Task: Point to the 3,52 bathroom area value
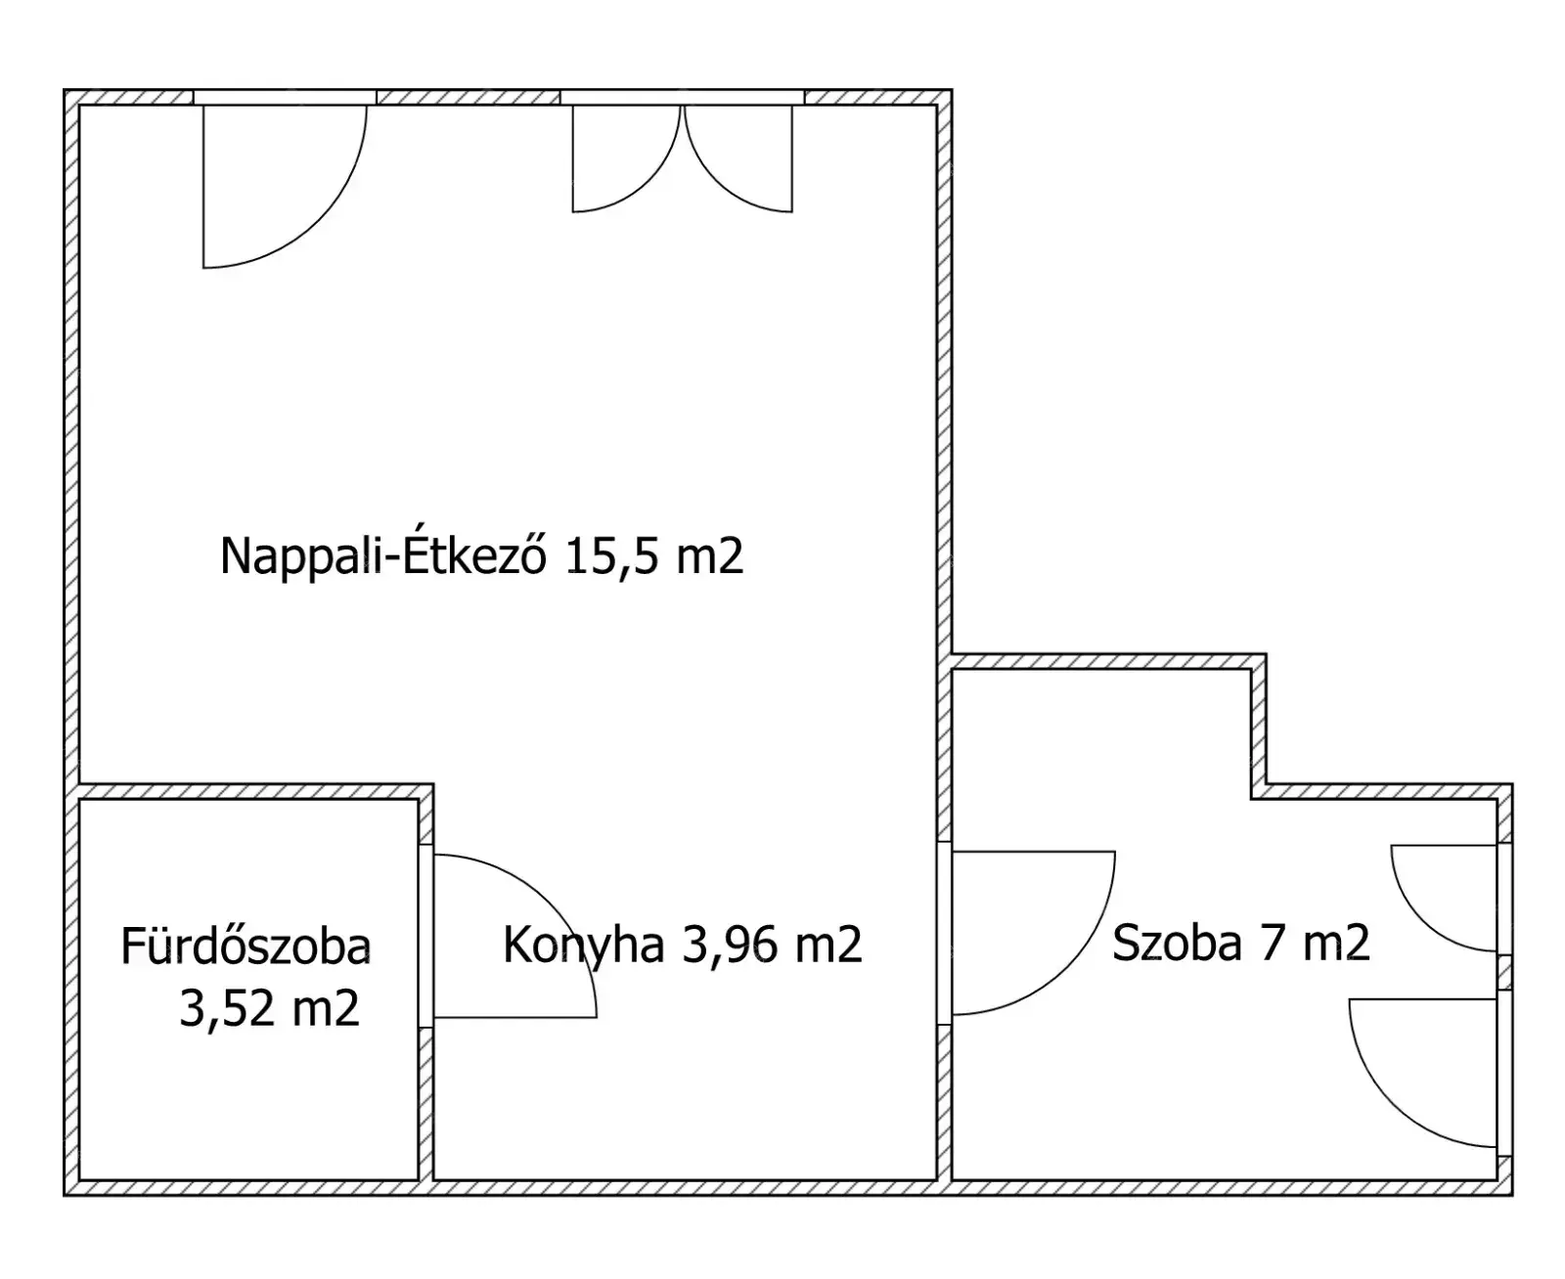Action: [x=226, y=1009]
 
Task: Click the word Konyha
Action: [x=583, y=946]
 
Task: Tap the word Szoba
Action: [x=1177, y=943]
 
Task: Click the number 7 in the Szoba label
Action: [x=1273, y=943]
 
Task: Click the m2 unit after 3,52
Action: [x=326, y=1009]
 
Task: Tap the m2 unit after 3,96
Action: [x=828, y=946]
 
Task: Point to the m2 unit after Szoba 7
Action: [x=1336, y=943]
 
